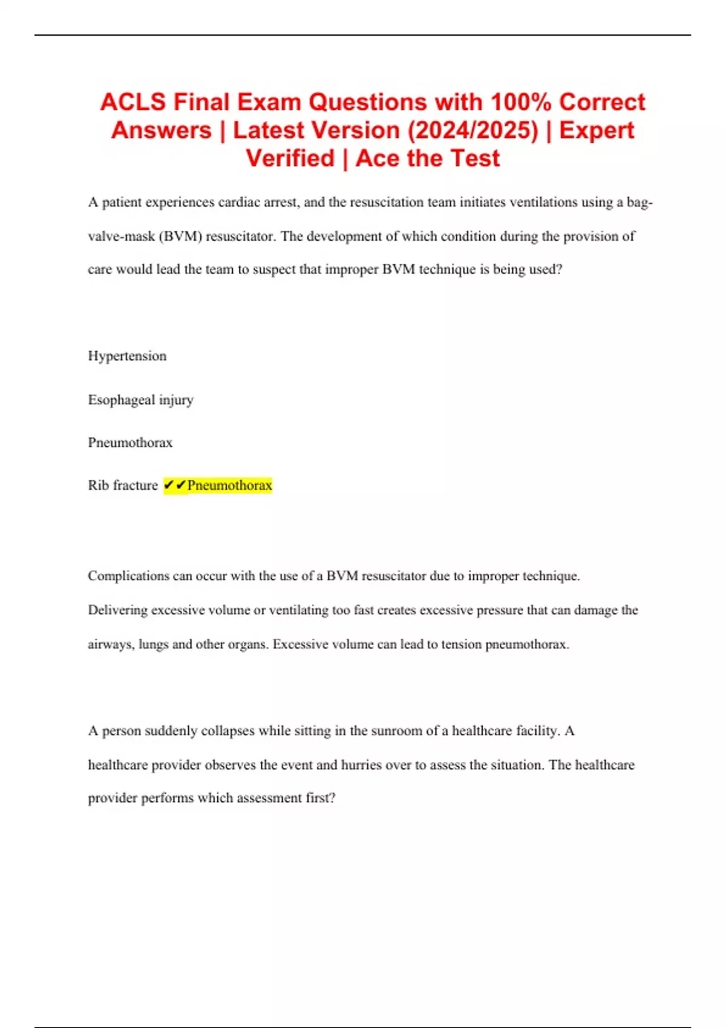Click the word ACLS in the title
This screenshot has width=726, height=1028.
point(132,102)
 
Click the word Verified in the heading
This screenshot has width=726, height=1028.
point(290,158)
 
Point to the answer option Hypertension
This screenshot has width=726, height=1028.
point(127,356)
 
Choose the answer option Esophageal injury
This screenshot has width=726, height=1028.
point(140,400)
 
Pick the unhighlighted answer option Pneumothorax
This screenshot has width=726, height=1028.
point(130,443)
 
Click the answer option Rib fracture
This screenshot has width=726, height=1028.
point(123,485)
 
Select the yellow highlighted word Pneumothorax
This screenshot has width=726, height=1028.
point(229,485)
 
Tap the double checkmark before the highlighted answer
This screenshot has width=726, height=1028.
point(175,485)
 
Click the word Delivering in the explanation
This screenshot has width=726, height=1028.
point(117,610)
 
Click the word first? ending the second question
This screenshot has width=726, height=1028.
point(320,798)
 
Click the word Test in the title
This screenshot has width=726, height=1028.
point(474,158)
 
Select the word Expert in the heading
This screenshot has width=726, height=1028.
point(597,131)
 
